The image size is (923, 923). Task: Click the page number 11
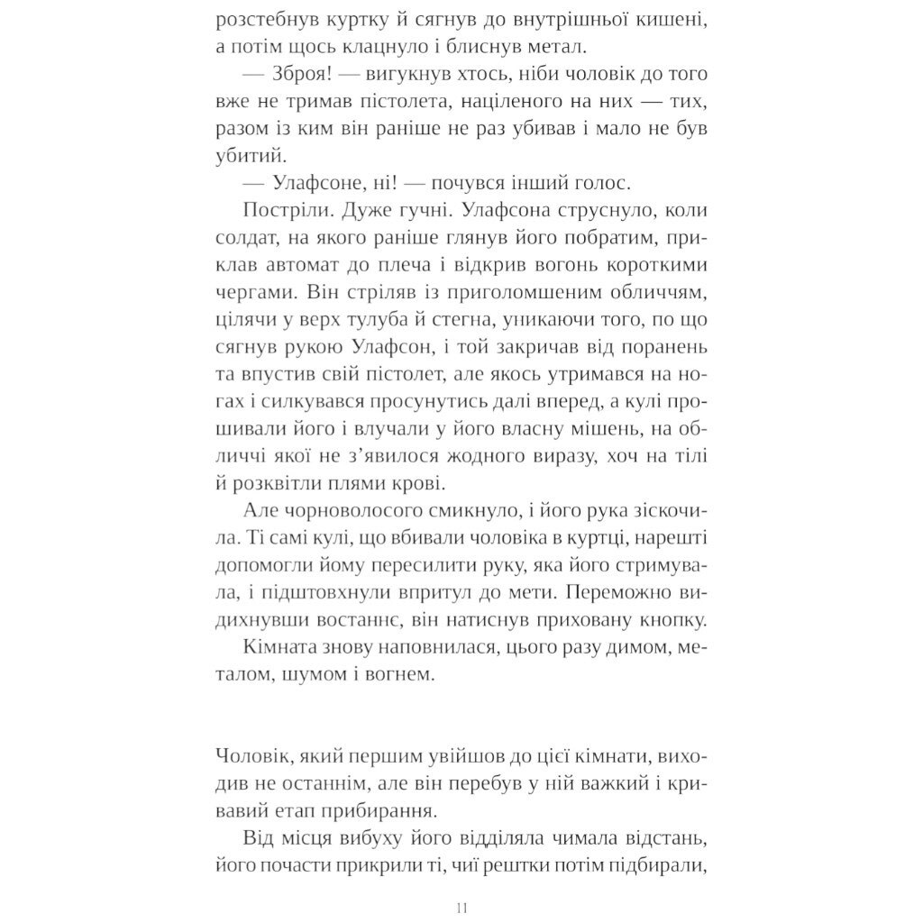coord(461,907)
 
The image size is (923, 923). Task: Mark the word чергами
coord(256,292)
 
